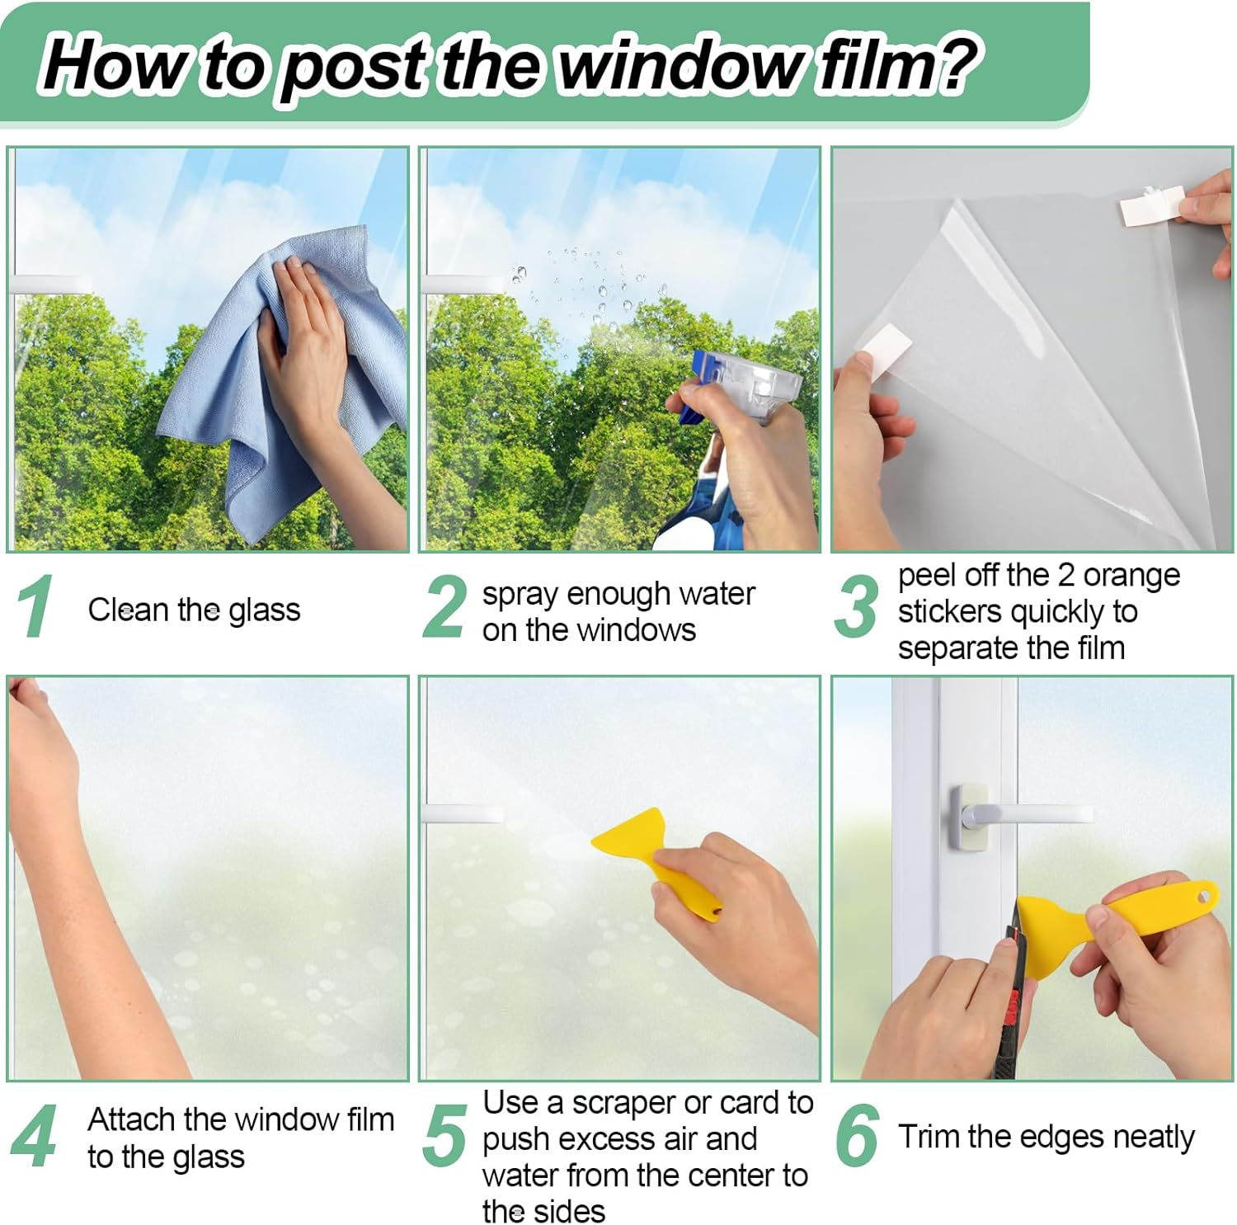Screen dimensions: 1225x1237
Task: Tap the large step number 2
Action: [444, 608]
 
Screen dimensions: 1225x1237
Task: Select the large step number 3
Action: [856, 608]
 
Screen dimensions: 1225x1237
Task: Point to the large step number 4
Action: [34, 1137]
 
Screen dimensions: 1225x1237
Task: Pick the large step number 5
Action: [444, 1137]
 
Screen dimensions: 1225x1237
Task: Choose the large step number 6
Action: [856, 1137]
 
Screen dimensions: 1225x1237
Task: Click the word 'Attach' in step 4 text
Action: [132, 1119]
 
